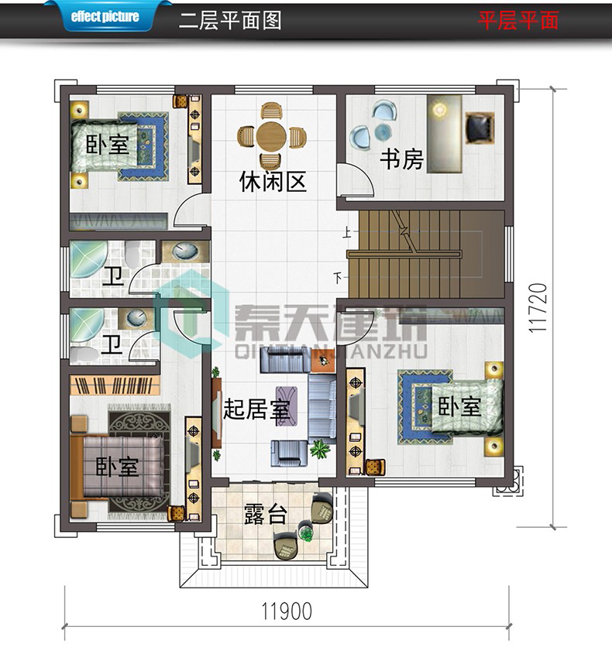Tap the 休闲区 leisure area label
273,183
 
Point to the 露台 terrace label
266,514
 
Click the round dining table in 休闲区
272,137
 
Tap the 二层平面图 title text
230,20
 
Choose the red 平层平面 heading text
517,20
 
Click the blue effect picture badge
105,17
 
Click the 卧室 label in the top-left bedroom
107,144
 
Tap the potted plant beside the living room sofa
318,448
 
